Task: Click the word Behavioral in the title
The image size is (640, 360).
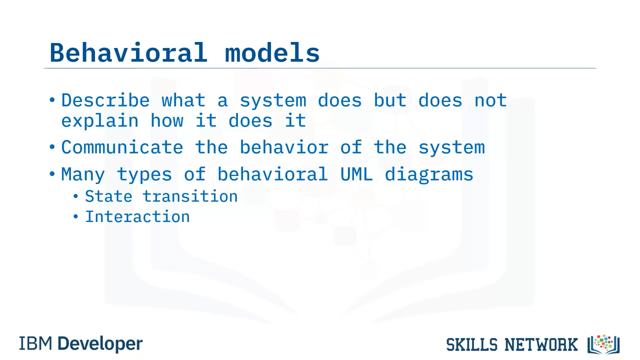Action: point(128,52)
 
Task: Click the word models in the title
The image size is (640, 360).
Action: point(272,52)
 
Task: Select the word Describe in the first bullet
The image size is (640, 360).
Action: point(105,100)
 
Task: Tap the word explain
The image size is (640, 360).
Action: point(99,121)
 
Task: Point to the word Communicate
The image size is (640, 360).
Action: point(122,147)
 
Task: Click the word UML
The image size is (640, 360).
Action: point(356,174)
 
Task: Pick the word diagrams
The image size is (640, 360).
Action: point(429,174)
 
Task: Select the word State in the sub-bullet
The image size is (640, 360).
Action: point(108,196)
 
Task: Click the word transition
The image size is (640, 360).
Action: point(190,196)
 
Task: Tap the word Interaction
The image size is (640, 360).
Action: point(137,216)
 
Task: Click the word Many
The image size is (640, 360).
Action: point(83,174)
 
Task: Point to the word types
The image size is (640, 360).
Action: point(144,174)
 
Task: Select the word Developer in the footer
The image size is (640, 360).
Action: point(100,344)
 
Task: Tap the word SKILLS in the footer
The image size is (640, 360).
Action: point(472,344)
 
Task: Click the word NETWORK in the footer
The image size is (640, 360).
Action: point(541,344)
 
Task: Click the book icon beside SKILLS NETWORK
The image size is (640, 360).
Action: point(603,344)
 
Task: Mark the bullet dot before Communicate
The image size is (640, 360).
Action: point(52,147)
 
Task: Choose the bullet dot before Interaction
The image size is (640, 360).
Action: point(75,216)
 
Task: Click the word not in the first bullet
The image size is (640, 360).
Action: point(490,100)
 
